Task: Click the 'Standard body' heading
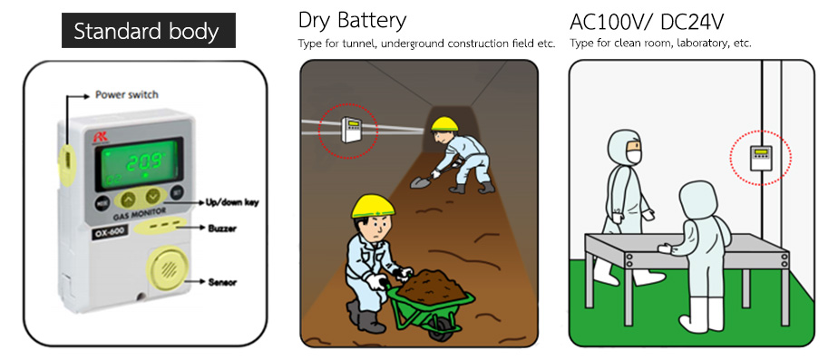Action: [146, 32]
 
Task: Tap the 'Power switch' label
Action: [127, 95]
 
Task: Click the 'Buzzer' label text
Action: [222, 229]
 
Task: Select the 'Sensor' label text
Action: [222, 282]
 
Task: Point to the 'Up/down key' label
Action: [232, 202]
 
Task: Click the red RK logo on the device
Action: [100, 137]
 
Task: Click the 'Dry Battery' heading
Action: [352, 20]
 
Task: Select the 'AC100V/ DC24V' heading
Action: [647, 22]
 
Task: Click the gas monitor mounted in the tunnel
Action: [351, 130]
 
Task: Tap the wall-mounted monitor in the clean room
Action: [761, 158]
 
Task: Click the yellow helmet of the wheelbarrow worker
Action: [373, 206]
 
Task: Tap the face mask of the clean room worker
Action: [633, 157]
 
